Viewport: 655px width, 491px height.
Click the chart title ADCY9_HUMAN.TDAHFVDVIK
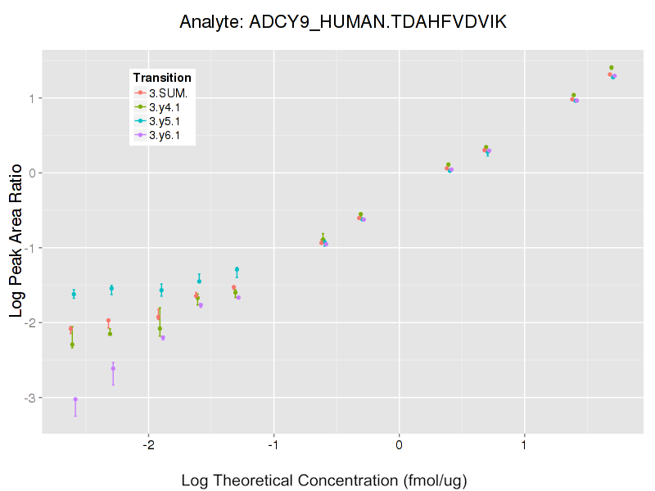[x=343, y=22]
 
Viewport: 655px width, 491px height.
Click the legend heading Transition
[x=162, y=78]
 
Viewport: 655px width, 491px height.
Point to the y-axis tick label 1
[x=31, y=98]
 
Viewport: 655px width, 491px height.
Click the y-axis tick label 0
[x=31, y=173]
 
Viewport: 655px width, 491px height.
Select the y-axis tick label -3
[x=29, y=398]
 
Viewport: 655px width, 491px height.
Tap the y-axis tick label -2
[x=29, y=322]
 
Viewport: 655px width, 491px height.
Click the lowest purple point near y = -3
[x=75, y=399]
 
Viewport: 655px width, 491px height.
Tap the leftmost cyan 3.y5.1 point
[x=74, y=294]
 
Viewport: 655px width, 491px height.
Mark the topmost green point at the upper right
[x=612, y=68]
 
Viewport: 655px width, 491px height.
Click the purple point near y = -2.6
[x=113, y=368]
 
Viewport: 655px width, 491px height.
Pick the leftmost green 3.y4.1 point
[x=72, y=345]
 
